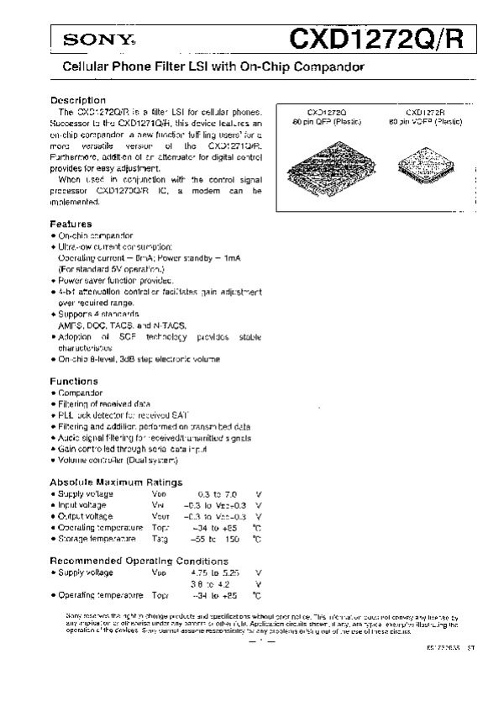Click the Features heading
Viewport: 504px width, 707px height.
pos(71,224)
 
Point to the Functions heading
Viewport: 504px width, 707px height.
pos(74,381)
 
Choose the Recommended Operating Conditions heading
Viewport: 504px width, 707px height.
pos(139,561)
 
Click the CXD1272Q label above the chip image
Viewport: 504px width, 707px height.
pos(325,112)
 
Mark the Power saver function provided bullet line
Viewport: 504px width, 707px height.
pos(115,280)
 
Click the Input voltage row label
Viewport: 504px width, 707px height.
pos(82,504)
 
